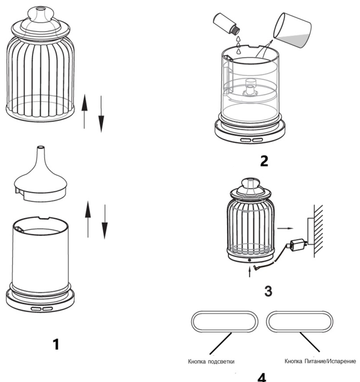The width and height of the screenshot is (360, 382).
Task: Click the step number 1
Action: click(56, 344)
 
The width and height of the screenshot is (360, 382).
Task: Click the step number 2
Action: click(264, 161)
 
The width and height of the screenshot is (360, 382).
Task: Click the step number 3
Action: click(268, 291)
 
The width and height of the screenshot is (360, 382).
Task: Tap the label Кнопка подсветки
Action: click(211, 362)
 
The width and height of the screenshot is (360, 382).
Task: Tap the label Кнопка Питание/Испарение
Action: click(320, 361)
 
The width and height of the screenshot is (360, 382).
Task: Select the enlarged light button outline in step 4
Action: click(224, 311)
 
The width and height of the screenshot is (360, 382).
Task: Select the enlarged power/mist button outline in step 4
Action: click(299, 312)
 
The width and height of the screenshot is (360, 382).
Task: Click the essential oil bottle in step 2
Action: click(226, 24)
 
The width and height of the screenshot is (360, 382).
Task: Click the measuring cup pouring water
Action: click(292, 30)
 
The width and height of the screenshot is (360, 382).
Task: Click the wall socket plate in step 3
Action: click(311, 231)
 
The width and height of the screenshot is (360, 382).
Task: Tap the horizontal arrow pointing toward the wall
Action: click(285, 228)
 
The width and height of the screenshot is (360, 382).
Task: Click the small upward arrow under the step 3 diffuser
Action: click(250, 273)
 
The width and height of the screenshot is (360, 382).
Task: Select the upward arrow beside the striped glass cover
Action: click(84, 111)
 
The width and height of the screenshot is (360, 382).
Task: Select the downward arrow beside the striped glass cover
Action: click(101, 114)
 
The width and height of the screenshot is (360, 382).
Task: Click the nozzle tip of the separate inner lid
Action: click(41, 148)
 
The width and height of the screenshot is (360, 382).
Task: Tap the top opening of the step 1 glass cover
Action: click(40, 9)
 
